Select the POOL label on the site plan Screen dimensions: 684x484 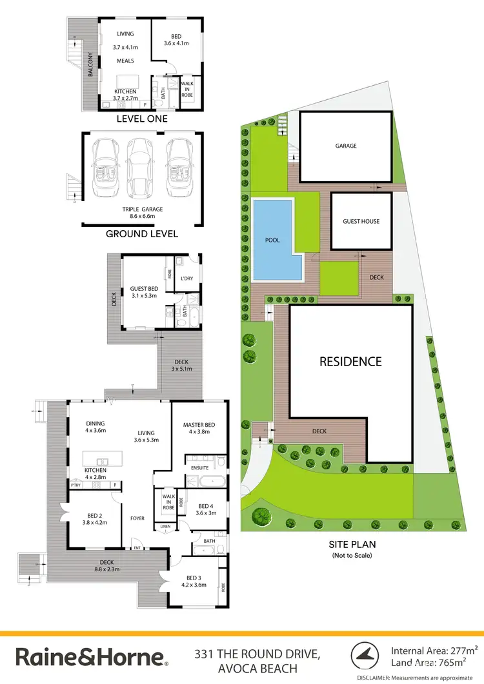point(273,240)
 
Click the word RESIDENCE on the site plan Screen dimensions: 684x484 point(350,362)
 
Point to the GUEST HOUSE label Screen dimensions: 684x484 point(361,222)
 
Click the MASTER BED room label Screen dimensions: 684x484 point(199,424)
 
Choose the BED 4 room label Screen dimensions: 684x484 point(207,507)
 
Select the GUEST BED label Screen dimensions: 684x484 point(144,288)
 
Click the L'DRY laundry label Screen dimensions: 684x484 point(187,278)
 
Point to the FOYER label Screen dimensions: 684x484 point(137,518)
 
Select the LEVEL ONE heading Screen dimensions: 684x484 point(141,119)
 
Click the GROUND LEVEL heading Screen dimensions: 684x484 point(141,233)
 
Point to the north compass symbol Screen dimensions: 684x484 point(365,657)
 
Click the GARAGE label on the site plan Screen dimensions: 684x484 point(346,146)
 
